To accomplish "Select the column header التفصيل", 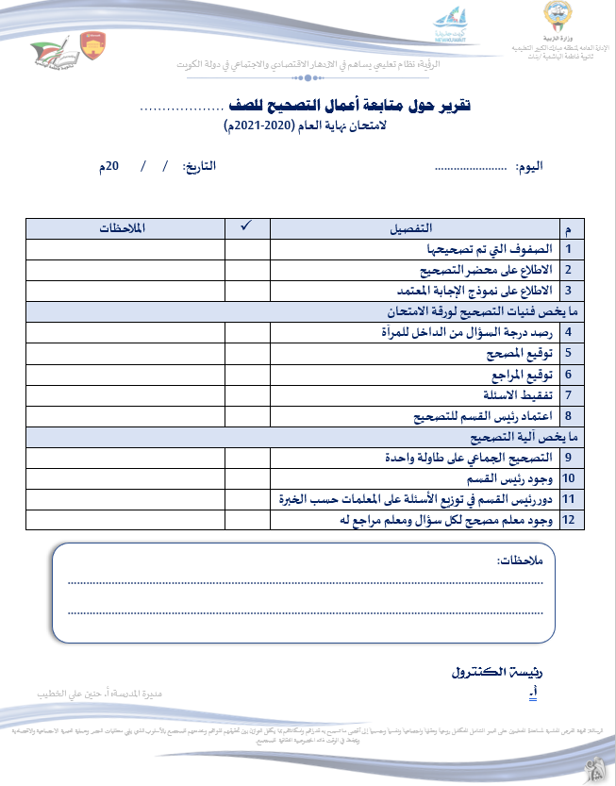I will [x=413, y=228].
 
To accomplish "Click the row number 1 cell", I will [x=569, y=249].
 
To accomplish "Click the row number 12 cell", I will [x=569, y=519].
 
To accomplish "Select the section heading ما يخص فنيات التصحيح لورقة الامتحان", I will [x=478, y=310].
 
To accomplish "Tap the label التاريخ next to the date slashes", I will [x=199, y=166].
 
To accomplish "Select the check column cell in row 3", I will [x=247, y=291].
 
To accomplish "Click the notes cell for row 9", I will [x=125, y=457].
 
